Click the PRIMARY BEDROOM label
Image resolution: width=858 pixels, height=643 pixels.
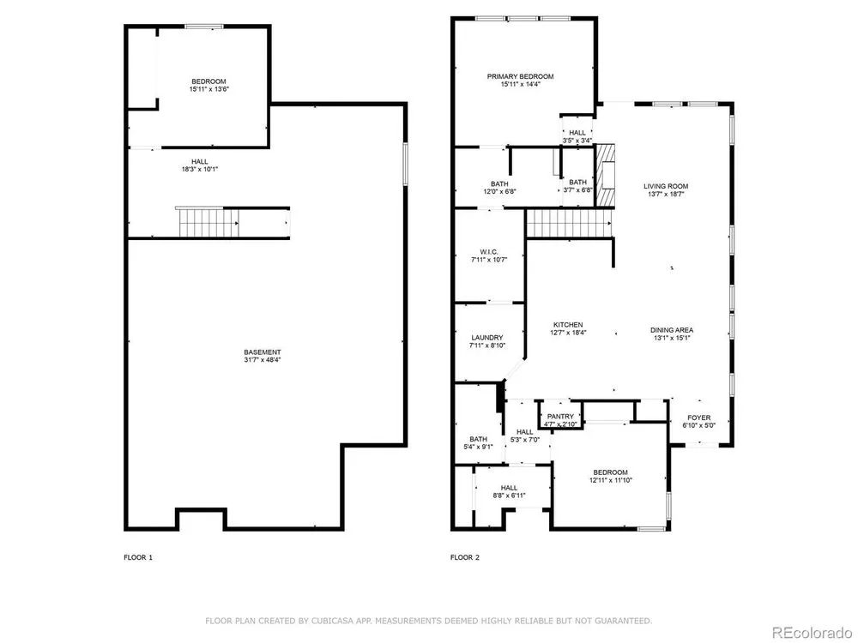[521, 76]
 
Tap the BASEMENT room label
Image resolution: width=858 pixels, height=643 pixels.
[263, 352]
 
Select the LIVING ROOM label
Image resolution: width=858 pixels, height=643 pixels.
[666, 186]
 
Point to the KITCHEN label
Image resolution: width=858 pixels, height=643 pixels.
[568, 325]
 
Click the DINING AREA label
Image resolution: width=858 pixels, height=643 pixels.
[672, 330]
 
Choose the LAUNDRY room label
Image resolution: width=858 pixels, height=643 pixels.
[487, 338]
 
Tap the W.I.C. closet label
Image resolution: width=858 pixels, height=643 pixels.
[489, 252]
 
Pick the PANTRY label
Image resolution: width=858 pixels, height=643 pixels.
[561, 417]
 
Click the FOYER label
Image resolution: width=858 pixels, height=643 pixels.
[698, 418]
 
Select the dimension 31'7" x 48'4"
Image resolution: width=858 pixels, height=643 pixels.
[263, 360]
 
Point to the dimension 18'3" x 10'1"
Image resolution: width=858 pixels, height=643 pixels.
[200, 170]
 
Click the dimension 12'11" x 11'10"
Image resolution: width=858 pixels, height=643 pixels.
[611, 481]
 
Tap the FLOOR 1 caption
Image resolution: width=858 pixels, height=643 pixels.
[138, 558]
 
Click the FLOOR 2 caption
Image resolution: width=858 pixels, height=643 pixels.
[464, 558]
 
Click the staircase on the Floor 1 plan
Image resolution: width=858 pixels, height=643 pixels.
[208, 222]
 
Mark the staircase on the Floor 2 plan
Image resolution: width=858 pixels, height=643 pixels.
[569, 223]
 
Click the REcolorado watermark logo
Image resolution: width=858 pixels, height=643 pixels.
[811, 632]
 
